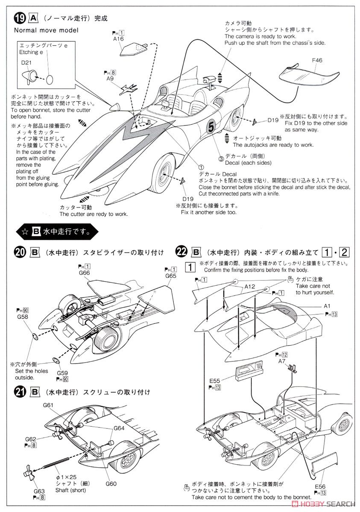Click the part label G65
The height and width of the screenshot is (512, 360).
tap(170, 276)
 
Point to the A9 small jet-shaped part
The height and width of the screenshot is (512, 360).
tap(127, 89)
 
